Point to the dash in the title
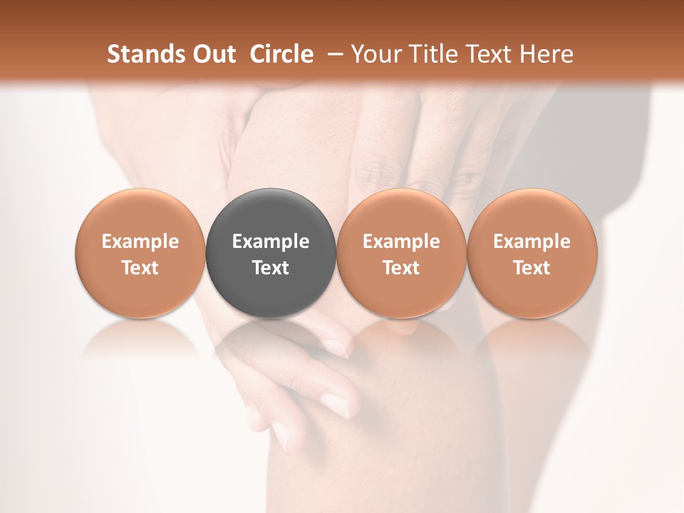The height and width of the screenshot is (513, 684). click(x=333, y=54)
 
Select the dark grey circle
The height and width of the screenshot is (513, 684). click(x=271, y=254)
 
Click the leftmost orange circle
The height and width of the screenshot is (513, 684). click(x=140, y=254)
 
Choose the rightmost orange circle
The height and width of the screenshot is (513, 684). click(x=532, y=254)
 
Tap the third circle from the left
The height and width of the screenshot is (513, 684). click(x=401, y=254)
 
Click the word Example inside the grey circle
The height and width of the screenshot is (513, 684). click(x=271, y=242)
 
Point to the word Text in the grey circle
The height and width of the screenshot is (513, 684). click(x=271, y=268)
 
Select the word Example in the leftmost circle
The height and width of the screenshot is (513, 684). click(x=140, y=242)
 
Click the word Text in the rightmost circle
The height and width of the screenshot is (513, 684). click(x=532, y=268)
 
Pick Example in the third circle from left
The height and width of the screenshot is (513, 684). click(x=401, y=242)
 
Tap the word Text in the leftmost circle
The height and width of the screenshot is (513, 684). click(x=140, y=268)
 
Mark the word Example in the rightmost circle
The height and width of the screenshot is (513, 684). click(x=532, y=242)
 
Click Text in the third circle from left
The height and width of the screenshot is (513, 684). click(x=401, y=268)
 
